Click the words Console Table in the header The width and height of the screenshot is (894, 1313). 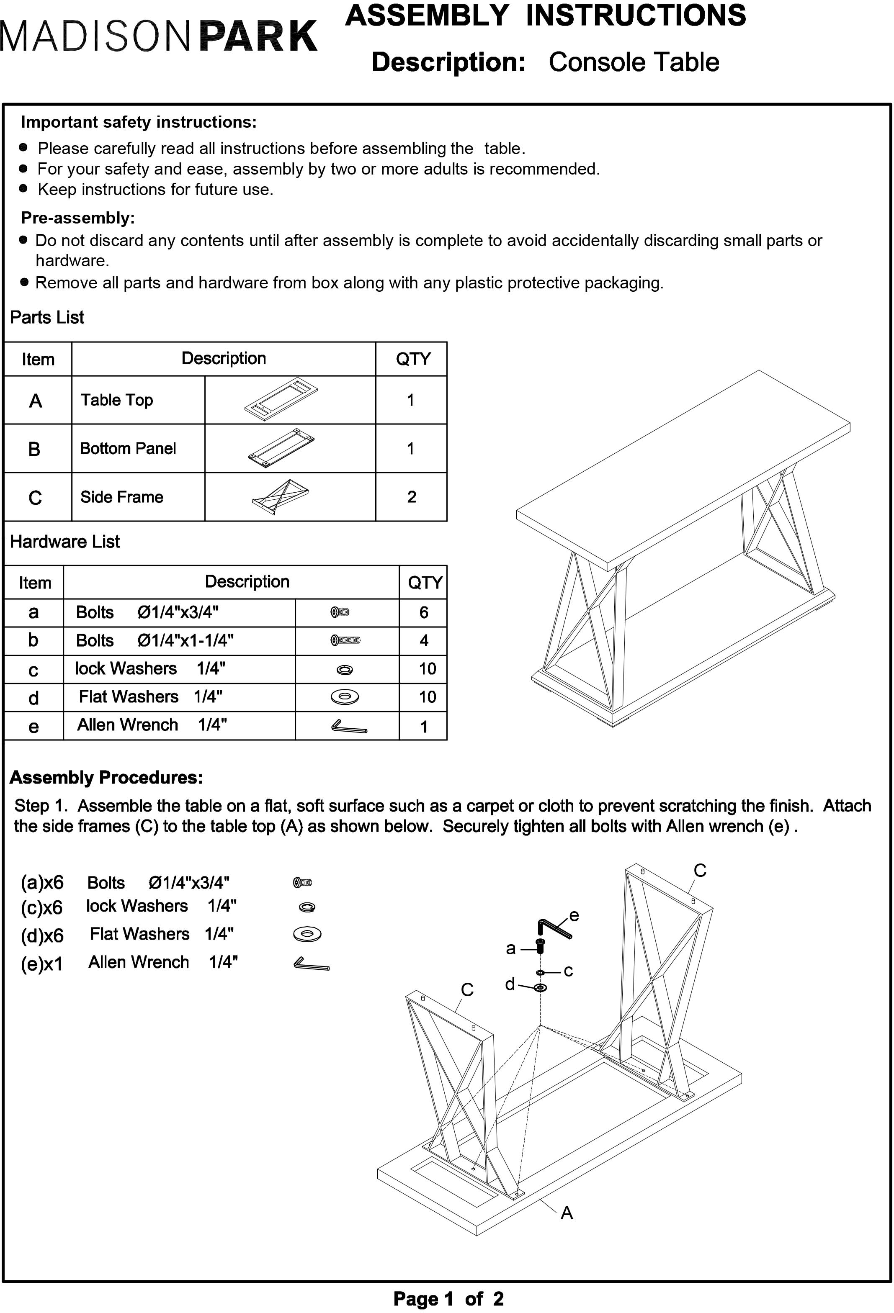634,62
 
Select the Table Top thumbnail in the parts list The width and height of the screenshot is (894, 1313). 281,400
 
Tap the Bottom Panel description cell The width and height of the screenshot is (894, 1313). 128,449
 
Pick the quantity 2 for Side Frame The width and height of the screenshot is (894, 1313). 411,496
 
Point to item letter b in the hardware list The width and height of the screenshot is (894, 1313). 33,640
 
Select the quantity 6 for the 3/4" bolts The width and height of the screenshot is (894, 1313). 423,612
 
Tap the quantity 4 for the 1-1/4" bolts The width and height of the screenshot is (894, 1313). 423,641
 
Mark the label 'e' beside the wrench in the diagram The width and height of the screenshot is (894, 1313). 574,916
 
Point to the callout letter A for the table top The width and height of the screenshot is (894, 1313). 567,1213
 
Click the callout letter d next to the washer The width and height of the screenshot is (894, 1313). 510,985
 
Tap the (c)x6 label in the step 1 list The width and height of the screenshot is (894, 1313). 42,908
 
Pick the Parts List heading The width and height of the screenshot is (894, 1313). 47,318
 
